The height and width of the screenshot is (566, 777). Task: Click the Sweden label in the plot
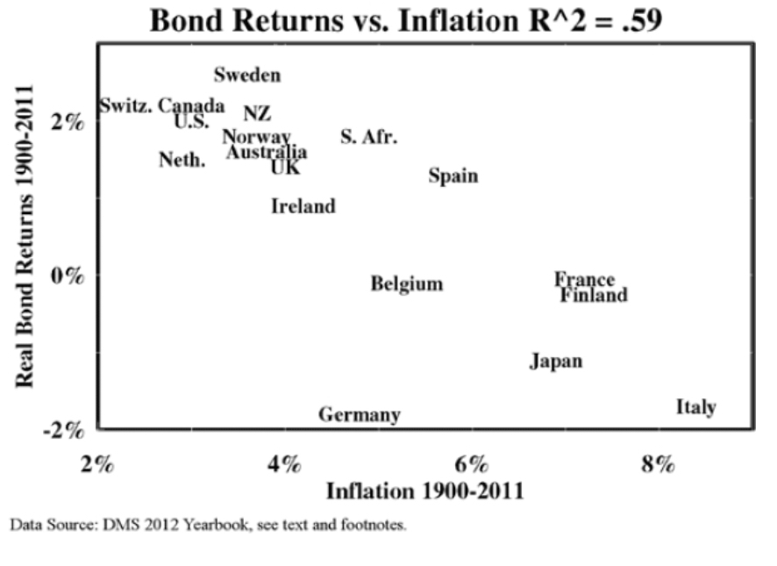[x=247, y=75]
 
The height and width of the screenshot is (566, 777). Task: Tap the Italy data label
[x=696, y=407]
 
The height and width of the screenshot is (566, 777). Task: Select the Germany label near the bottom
[x=359, y=415]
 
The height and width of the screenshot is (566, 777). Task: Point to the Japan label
[x=556, y=362]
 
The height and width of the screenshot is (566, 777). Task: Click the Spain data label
[x=453, y=176]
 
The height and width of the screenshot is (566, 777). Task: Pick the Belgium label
[x=406, y=284]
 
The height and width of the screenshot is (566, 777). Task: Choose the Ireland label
[x=303, y=207]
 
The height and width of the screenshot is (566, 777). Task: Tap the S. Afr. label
[x=368, y=138]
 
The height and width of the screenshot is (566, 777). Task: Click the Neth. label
[x=182, y=161]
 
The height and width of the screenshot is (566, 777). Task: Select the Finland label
[x=594, y=296]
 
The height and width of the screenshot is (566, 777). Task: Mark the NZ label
[x=257, y=114]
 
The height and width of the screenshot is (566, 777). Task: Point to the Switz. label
[x=126, y=106]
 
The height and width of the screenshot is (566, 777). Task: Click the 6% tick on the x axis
[x=471, y=462]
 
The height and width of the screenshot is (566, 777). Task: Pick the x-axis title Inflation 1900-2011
[x=425, y=491]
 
